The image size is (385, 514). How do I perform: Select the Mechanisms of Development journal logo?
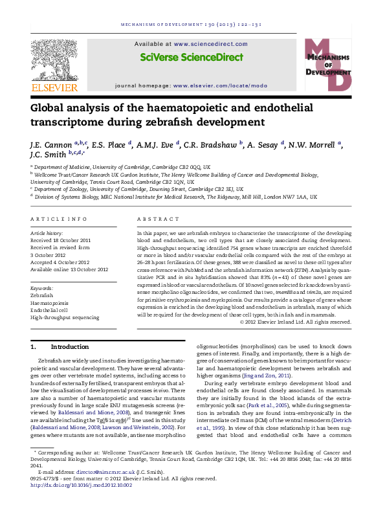[x=327, y=65]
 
